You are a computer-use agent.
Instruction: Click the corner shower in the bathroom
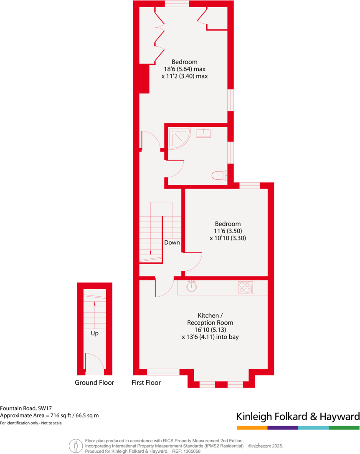coord(178,138)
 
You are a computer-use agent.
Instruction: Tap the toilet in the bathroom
coord(218,175)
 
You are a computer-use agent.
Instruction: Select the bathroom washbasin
coord(203,133)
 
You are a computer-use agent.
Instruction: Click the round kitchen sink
coord(192,287)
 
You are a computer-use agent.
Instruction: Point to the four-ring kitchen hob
coord(245,288)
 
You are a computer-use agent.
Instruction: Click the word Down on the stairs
coord(172,242)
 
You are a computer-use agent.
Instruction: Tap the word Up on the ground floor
coord(95,333)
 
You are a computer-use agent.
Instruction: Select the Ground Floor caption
coord(94,382)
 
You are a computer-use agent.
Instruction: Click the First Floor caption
coord(146,382)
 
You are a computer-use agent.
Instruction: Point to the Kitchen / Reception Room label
coord(210,319)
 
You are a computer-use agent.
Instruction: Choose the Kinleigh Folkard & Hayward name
coord(298,416)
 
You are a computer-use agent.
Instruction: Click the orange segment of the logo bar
coord(252,428)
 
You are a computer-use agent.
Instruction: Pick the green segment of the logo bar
coord(344,428)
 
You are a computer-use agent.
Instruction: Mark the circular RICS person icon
coord(76,446)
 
